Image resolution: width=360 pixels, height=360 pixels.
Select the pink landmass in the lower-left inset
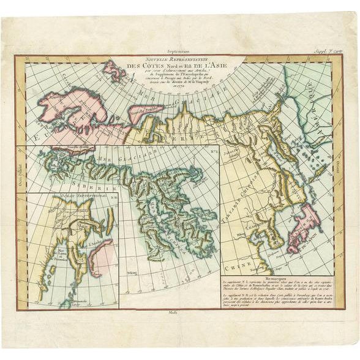click(98, 254)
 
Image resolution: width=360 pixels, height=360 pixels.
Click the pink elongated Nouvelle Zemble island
click(145, 110)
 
